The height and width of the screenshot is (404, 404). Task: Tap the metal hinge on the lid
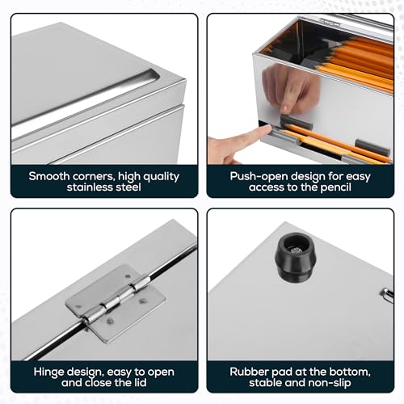pos(116,304)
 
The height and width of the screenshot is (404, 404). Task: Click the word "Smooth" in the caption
pos(49,176)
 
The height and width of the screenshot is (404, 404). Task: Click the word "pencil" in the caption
pos(335,187)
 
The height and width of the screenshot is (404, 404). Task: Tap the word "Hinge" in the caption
pos(48,372)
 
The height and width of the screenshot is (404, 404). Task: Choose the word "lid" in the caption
pos(140,383)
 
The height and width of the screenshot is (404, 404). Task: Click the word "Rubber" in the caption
pos(247,372)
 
